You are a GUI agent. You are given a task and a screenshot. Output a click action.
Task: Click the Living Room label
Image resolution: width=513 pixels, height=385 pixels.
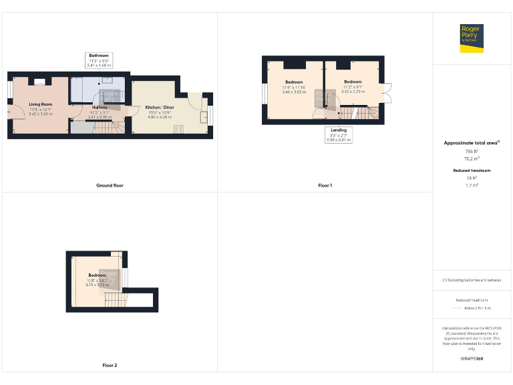[40, 104]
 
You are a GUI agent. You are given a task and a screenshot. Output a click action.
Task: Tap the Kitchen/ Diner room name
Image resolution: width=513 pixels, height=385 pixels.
[160, 107]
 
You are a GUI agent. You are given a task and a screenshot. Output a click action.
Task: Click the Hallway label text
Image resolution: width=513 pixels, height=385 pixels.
[100, 107]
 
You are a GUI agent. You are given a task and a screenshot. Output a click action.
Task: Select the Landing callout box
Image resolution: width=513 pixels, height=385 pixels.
[339, 134]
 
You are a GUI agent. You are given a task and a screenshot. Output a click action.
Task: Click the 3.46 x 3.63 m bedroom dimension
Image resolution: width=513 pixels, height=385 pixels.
[293, 92]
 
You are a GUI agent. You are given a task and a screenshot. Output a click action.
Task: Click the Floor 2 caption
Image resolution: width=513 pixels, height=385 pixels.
[110, 366]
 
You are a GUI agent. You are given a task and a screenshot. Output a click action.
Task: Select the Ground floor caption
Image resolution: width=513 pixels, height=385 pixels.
[110, 185]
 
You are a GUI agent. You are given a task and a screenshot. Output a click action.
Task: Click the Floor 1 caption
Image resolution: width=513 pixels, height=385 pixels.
[325, 185]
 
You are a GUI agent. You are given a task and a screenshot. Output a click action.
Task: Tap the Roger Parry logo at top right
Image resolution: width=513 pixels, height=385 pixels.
[472, 37]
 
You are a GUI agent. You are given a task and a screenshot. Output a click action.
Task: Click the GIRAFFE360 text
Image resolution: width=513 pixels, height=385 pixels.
[472, 359]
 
